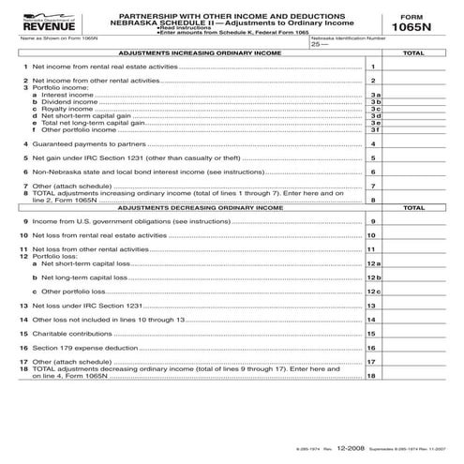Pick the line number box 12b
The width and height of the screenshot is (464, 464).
point(373,278)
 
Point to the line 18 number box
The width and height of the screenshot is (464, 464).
point(373,376)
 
